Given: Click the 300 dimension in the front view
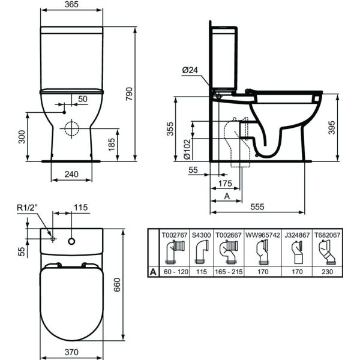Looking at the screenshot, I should pyautogui.click(x=22, y=137).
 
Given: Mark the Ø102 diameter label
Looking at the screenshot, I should pyautogui.click(x=187, y=147).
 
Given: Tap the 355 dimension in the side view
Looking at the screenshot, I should pyautogui.click(x=170, y=129).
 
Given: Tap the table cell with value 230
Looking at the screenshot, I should pyautogui.click(x=328, y=272).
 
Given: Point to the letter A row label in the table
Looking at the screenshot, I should pyautogui.click(x=153, y=272).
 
